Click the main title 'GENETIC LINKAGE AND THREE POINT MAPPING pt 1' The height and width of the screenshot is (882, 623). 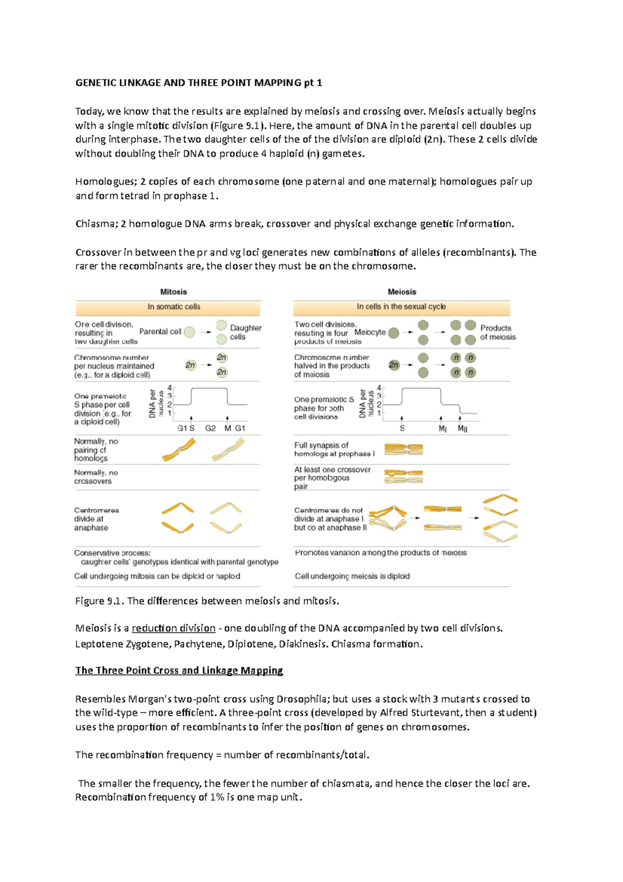click(199, 83)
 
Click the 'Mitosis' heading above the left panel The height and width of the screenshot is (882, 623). click(173, 292)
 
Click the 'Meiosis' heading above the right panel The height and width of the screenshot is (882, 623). click(402, 292)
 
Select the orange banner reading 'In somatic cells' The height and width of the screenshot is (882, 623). click(173, 307)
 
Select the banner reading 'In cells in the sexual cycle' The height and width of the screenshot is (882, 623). click(401, 307)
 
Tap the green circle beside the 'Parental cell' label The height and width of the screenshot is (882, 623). click(190, 332)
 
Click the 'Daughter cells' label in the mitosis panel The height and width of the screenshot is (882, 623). click(245, 332)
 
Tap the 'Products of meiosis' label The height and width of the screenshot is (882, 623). click(497, 332)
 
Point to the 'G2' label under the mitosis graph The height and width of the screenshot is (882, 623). click(210, 429)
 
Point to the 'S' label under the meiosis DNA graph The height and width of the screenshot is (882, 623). click(402, 429)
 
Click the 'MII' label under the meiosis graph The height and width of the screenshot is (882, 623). click(462, 429)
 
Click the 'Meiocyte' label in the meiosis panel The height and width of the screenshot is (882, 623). click(370, 332)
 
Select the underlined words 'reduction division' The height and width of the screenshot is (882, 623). click(173, 628)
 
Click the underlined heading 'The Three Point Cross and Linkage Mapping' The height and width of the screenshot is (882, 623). click(179, 671)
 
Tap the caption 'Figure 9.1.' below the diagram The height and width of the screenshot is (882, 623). click(100, 601)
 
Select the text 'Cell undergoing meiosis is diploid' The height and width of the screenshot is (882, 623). click(352, 576)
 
